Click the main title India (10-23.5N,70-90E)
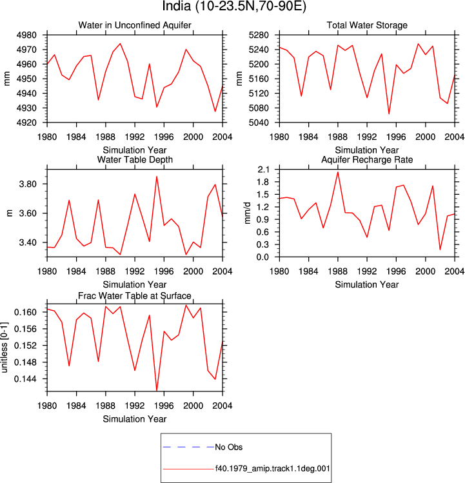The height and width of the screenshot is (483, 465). pos(234,6)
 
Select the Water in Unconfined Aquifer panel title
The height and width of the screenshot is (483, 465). pos(135,25)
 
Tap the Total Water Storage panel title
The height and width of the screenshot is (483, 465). pos(367,25)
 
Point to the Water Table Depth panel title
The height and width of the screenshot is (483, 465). pos(135,159)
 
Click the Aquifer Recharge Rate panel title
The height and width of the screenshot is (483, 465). pos(367,159)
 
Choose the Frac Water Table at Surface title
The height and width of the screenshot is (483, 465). pos(135,296)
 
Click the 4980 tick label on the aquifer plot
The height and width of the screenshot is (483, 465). pos(26,35)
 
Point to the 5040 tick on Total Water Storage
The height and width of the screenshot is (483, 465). pos(259,123)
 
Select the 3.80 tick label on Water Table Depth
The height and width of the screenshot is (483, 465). pos(28,184)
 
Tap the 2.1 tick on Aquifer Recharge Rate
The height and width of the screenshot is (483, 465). pos(263,170)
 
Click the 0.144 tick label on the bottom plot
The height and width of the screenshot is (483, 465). pos(25,379)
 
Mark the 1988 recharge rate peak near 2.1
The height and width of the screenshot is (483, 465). pos(338,172)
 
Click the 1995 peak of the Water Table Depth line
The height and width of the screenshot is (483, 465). pos(157,177)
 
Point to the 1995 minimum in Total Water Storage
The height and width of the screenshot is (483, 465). pos(389,113)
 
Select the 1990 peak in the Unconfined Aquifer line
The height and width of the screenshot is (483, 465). pos(120,43)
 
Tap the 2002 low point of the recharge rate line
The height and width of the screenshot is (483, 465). pos(440,250)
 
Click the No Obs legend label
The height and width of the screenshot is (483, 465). pos(229,447)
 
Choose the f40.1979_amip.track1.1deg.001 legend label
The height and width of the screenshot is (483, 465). pos(272,469)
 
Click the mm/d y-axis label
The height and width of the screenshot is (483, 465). pos(247,213)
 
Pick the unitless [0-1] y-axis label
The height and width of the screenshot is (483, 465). pos(5,348)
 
